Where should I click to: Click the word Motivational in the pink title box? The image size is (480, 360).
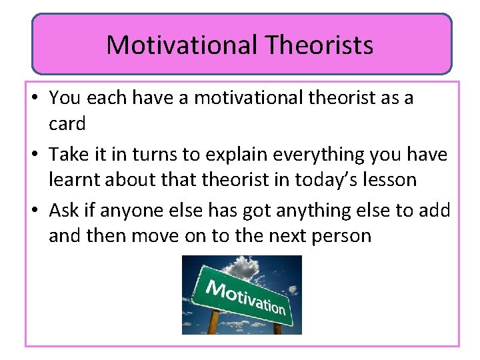pos(181,45)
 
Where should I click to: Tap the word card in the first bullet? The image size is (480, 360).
pos(67,123)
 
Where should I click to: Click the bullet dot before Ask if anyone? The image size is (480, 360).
pos(36,211)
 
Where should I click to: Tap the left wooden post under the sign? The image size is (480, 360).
pos(214,323)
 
